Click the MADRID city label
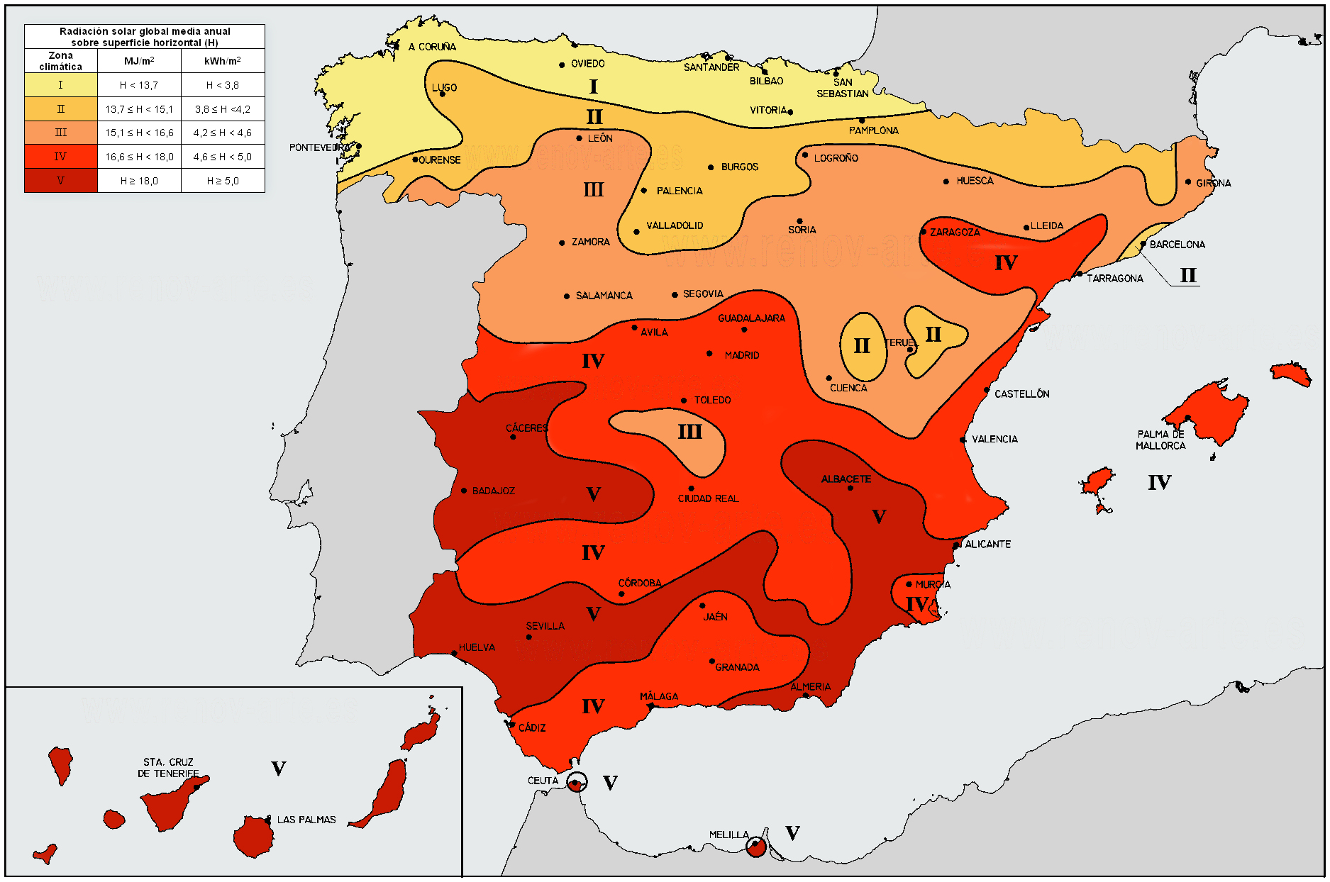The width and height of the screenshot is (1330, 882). pyautogui.click(x=741, y=355)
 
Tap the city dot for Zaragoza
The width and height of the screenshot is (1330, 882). pyautogui.click(x=924, y=232)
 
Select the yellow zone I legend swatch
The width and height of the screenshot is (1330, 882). pyautogui.click(x=60, y=85)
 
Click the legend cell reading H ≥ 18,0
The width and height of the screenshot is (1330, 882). pyautogui.click(x=139, y=181)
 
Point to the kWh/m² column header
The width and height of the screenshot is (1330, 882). pyautogui.click(x=222, y=61)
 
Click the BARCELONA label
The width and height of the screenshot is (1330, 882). pyautogui.click(x=1177, y=244)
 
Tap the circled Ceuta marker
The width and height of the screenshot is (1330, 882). pyautogui.click(x=577, y=782)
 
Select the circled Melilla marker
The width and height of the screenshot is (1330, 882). pyautogui.click(x=756, y=846)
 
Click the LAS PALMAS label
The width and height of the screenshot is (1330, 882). pyautogui.click(x=306, y=819)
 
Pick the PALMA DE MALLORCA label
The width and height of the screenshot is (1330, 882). pyautogui.click(x=1160, y=440)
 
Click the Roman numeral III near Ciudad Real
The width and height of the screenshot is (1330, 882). pyautogui.click(x=689, y=432)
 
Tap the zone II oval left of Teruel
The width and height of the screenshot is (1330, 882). pyautogui.click(x=862, y=346)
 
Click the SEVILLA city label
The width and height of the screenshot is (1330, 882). pyautogui.click(x=545, y=625)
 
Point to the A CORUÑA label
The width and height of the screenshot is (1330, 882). pyautogui.click(x=432, y=47)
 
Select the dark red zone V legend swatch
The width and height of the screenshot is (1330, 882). pyautogui.click(x=60, y=181)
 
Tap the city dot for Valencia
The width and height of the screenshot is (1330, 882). pyautogui.click(x=963, y=440)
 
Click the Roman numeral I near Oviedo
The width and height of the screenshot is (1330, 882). pyautogui.click(x=593, y=86)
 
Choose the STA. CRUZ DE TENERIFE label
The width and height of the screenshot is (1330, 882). pyautogui.click(x=168, y=767)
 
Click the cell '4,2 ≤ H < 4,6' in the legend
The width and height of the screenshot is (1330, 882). pyautogui.click(x=222, y=133)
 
